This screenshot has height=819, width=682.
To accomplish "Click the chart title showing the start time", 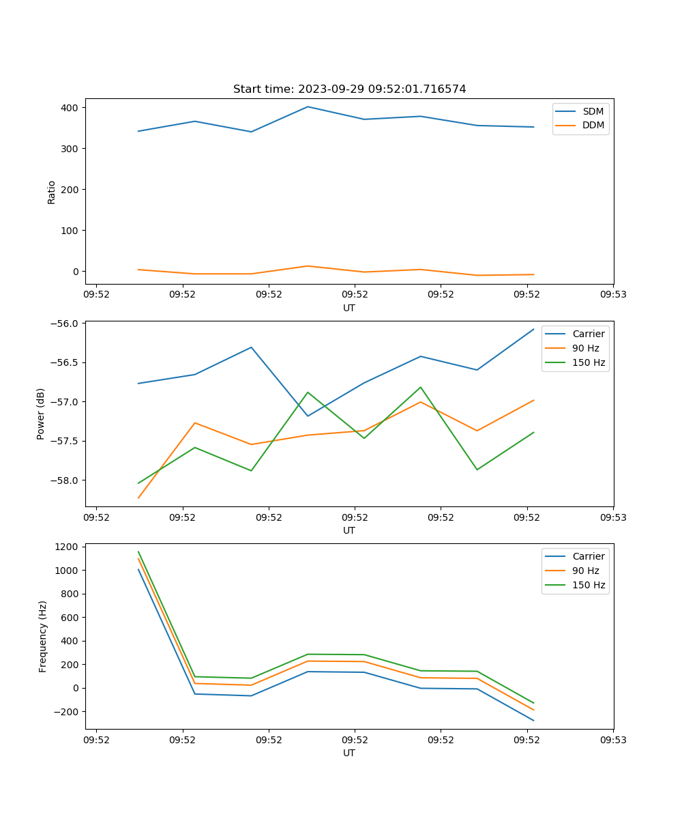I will [x=349, y=89].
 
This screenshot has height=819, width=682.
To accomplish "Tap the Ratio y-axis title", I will [x=52, y=192].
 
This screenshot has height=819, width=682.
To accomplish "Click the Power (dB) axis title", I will [x=41, y=414].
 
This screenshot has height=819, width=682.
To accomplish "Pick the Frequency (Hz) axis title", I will [x=42, y=636].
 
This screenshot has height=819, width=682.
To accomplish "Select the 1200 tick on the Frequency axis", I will [x=65, y=547].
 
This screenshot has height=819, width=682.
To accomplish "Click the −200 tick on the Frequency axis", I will [x=65, y=712].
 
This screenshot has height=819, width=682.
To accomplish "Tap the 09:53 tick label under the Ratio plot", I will [x=612, y=295].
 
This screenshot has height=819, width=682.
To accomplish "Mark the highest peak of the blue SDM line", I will [x=308, y=106].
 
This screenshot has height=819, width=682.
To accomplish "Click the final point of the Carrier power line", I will [x=533, y=329].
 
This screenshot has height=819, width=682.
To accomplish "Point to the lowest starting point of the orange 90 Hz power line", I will [x=138, y=498].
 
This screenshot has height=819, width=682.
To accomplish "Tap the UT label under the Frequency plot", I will [x=349, y=753].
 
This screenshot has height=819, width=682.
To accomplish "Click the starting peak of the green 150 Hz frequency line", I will [x=138, y=552].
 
